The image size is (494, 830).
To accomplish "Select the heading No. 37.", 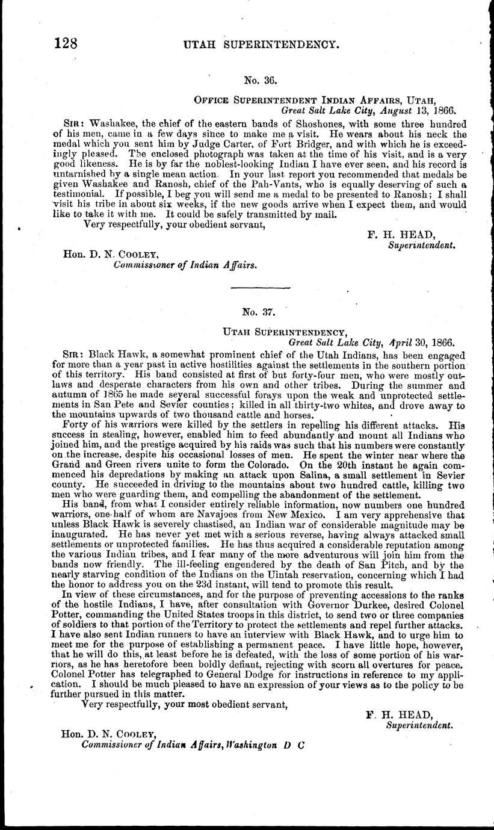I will [x=259, y=312].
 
